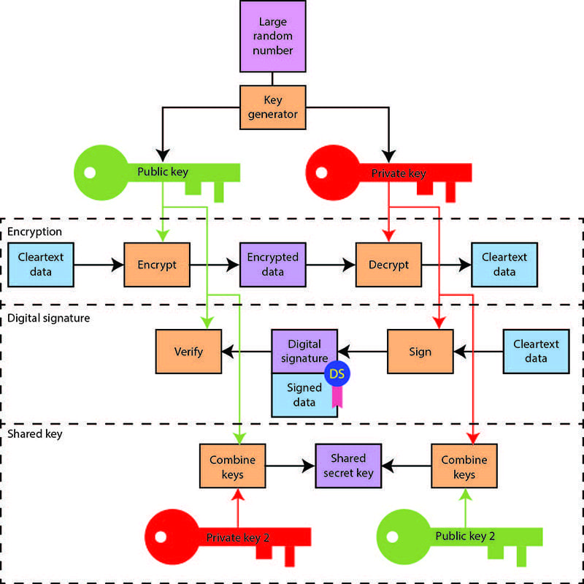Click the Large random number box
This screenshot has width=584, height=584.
tap(272, 36)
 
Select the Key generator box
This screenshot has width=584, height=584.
tap(272, 107)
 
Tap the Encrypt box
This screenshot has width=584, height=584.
tap(157, 265)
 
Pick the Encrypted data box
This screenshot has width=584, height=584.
tap(272, 265)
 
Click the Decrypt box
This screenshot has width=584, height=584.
tap(388, 265)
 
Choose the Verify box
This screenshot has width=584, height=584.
tap(188, 352)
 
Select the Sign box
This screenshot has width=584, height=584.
tap(420, 352)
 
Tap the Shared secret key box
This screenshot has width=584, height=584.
tap(348, 466)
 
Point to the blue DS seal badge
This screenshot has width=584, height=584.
tap(337, 373)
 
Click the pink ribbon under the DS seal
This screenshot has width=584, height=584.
tap(337, 397)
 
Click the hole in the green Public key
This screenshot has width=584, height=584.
tap(90, 172)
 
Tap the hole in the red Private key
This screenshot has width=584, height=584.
tap(321, 172)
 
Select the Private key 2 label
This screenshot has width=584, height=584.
tap(238, 538)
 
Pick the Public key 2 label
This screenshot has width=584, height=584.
tap(465, 536)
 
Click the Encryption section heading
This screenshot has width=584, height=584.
tap(34, 232)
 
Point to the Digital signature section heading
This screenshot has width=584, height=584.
tap(49, 318)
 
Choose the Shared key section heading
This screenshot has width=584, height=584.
tap(35, 434)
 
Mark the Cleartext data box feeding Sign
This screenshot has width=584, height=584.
tap(536, 352)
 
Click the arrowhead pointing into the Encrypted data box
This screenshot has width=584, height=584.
tap(234, 265)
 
